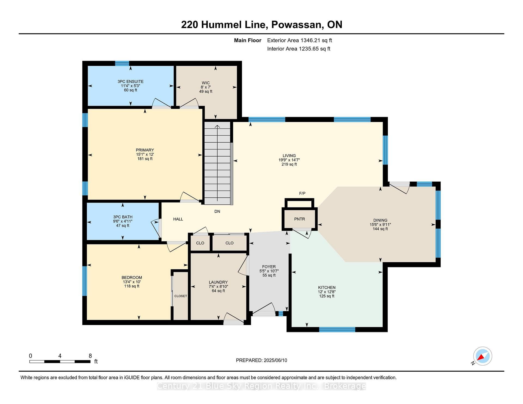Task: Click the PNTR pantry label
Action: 299,219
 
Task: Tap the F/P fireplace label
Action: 302,193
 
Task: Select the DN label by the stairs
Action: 217,212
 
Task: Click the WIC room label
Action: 206,83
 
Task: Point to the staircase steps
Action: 217,163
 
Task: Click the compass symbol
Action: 482,356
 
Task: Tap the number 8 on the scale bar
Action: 90,356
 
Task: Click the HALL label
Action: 178,219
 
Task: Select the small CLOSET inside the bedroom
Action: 181,296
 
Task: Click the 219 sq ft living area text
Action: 289,164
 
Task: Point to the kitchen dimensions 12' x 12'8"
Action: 327,292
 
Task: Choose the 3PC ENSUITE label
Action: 130,82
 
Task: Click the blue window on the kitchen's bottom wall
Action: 337,329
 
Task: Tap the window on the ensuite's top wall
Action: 122,63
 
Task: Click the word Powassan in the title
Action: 296,25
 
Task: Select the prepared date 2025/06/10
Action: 275,360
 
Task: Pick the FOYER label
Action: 269,267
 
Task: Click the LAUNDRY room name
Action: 218,282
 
